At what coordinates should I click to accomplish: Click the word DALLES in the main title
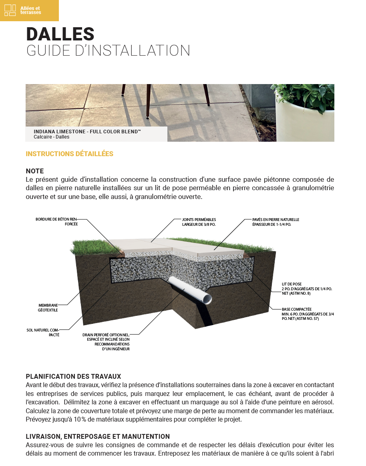[x=60, y=34]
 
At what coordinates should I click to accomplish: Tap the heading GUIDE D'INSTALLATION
[x=108, y=51]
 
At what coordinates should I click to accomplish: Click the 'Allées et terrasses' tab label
[x=30, y=10]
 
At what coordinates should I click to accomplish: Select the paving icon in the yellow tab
[x=10, y=10]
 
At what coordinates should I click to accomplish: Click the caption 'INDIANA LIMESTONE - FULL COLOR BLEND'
[x=87, y=131]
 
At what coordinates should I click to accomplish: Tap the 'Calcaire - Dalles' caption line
[x=52, y=137]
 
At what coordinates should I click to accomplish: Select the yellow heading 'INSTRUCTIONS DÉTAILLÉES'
[x=69, y=154]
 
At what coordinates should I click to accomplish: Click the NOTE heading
[x=35, y=171]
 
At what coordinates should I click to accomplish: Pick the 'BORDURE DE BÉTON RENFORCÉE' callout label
[x=56, y=222]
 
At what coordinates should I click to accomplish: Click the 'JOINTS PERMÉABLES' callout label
[x=199, y=222]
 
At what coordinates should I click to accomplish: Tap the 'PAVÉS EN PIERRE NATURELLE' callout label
[x=276, y=222]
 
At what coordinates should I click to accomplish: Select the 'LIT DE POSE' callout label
[x=307, y=288]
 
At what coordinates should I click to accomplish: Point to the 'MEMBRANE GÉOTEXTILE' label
[x=48, y=307]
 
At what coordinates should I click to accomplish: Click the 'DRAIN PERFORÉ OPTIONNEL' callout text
[x=106, y=341]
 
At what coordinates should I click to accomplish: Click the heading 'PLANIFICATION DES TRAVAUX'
[x=73, y=376]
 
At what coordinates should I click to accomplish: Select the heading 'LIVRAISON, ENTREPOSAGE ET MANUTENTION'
[x=98, y=436]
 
